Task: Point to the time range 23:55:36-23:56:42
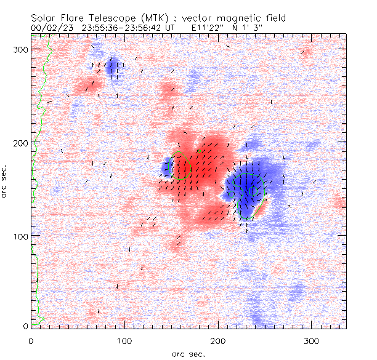tap(117, 28)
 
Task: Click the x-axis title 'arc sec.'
tap(188, 353)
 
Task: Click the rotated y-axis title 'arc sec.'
tap(5, 182)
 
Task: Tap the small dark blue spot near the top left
tap(113, 67)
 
